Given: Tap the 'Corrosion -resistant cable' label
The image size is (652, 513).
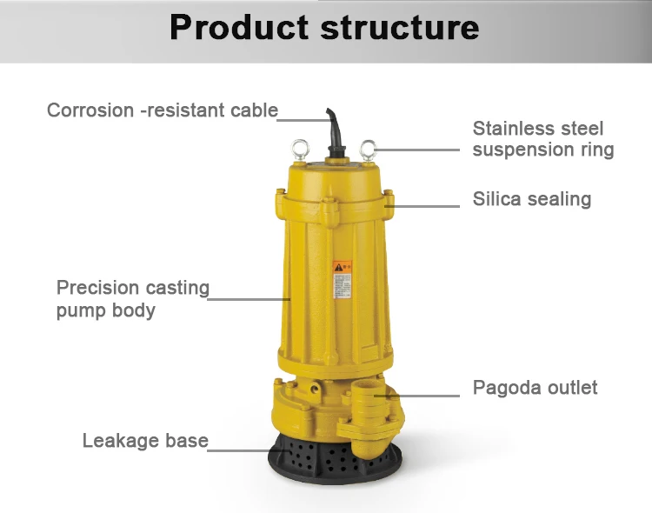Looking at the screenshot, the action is pos(163,110).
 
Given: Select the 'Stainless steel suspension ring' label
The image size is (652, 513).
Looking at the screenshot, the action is pos(542,139).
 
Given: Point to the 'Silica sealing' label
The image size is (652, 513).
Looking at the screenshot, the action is pos(531,199).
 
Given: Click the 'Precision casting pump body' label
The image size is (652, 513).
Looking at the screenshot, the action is pos(132,298).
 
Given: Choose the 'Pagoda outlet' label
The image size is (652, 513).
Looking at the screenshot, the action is pos(535,388).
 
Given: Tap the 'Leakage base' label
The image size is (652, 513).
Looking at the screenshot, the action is pos(145,441).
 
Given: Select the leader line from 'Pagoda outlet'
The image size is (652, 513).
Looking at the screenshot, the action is pos(426,396).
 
